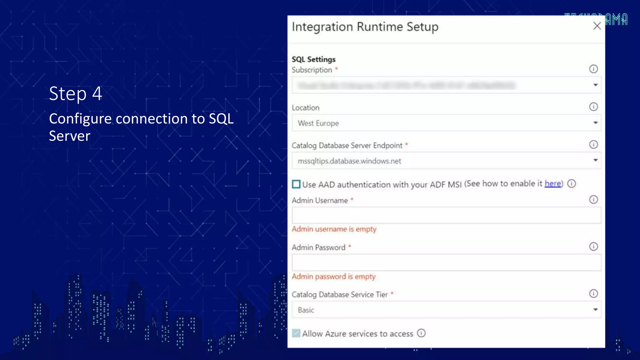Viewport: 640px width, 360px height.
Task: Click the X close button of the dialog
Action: tap(597, 26)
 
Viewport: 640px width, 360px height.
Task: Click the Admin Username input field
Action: tap(446, 215)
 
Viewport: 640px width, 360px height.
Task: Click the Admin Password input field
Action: tap(446, 262)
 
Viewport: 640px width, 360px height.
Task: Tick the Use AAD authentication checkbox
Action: tap(296, 184)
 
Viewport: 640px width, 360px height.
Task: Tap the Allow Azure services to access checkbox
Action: tap(296, 333)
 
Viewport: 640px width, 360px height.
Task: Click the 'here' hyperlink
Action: tap(552, 183)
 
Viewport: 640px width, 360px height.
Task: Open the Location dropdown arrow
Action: tap(595, 123)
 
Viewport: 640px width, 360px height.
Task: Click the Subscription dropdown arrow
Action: tap(595, 85)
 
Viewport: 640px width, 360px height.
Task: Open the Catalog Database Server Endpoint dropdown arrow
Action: tap(595, 160)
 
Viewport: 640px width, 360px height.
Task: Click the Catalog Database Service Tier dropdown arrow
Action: tap(595, 310)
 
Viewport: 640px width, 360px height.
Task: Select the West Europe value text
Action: tap(318, 123)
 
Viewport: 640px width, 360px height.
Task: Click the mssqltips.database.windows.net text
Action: tap(349, 161)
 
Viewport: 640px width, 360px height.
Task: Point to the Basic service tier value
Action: tap(306, 310)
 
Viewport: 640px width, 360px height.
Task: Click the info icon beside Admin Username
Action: tap(593, 199)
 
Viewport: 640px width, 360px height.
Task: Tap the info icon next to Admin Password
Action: tap(593, 247)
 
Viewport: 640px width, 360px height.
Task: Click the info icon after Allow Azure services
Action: tap(421, 333)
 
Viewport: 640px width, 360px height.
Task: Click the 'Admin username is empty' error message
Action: tap(334, 229)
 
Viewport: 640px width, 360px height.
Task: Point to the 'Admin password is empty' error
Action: tap(333, 277)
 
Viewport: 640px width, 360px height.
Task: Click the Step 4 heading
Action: tap(76, 93)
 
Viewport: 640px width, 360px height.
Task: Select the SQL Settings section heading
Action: tap(313, 59)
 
